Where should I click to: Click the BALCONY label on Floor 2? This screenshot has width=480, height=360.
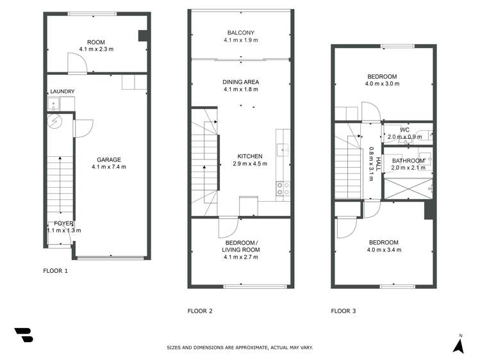[240, 33]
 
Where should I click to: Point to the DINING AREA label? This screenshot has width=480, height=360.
[240, 82]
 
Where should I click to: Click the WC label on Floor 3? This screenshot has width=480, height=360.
[404, 130]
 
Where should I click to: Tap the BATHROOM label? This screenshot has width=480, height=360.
[408, 160]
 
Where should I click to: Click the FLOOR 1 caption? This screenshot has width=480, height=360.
[55, 271]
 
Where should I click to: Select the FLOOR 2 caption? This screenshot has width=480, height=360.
[200, 311]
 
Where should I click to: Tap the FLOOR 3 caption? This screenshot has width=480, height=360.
[343, 311]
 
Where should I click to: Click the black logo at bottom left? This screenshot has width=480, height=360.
[23, 335]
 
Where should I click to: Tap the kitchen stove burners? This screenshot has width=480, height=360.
[282, 188]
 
